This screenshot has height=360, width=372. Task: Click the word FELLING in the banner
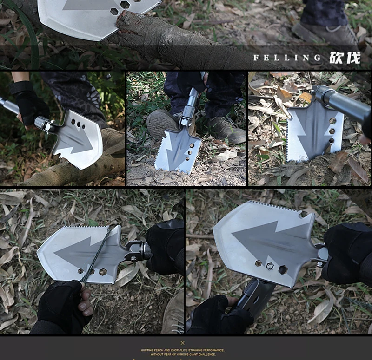[287, 58]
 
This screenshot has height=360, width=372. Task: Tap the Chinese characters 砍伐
[345, 58]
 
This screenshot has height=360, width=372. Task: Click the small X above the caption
[183, 343]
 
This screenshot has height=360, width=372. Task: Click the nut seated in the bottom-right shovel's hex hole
[270, 267]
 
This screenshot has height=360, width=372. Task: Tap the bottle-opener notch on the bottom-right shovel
[303, 214]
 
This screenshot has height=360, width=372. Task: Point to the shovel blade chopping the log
[77, 139]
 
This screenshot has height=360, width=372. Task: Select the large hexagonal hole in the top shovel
[125, 4]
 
